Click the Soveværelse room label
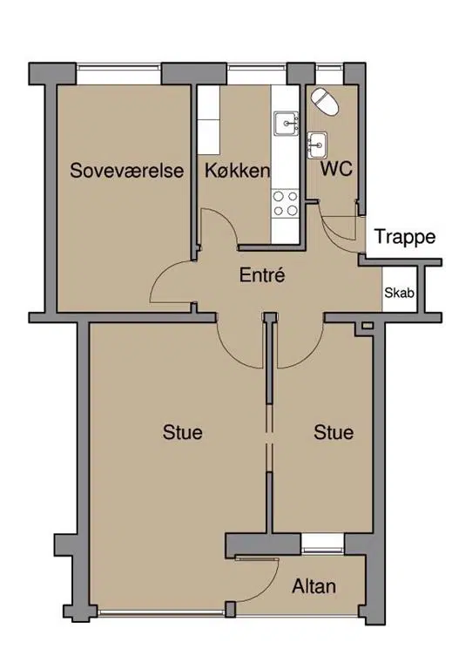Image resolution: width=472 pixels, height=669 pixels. (127, 170)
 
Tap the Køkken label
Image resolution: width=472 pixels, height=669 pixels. (238, 170)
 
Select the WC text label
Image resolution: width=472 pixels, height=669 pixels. (336, 169)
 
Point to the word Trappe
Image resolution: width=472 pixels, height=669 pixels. (405, 237)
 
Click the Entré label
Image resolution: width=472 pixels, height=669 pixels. (262, 274)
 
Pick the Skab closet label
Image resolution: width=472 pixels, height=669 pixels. (399, 293)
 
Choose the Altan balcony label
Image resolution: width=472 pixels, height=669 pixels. (314, 586)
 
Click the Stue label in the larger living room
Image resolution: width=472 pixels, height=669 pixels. (183, 432)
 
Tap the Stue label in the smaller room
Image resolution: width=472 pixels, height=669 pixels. (334, 432)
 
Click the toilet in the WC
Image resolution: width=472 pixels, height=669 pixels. (325, 102)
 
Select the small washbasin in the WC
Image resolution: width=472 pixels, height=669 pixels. (317, 145)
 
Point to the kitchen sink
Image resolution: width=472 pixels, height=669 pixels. (287, 124)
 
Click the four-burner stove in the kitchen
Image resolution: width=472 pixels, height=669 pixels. (286, 204)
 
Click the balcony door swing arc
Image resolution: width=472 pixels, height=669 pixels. (268, 588)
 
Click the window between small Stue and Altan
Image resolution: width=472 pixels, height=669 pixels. (323, 544)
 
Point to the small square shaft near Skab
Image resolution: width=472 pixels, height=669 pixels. (367, 326)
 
